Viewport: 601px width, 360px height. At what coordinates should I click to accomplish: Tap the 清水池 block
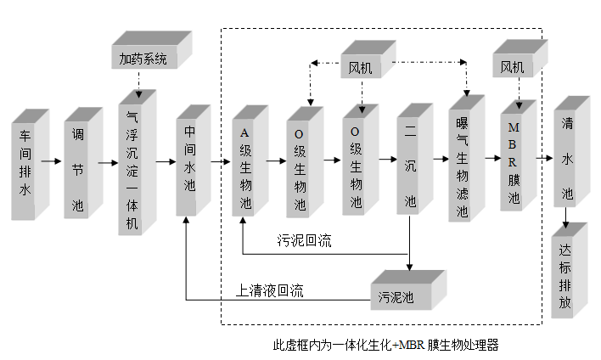pos(566,159)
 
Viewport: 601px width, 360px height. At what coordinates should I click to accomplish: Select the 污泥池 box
pos(403,295)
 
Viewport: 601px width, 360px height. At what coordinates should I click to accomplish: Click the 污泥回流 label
pos(304,241)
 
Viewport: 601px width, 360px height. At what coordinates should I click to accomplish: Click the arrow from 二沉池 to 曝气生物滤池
pos(440,159)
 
